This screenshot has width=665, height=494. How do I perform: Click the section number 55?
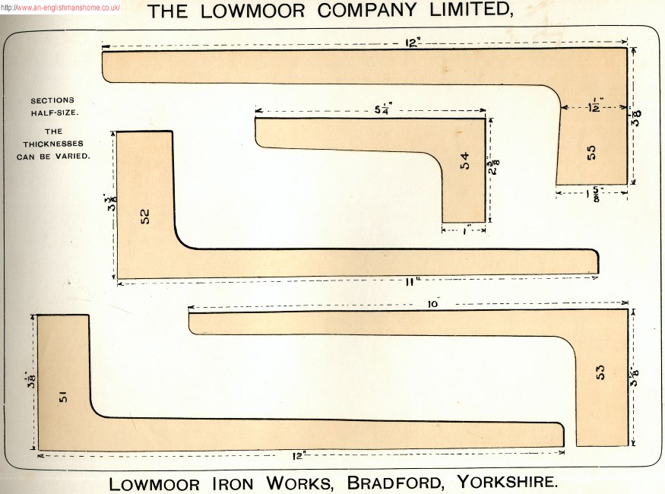coord(591,152)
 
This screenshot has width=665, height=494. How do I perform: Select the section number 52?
coord(145,217)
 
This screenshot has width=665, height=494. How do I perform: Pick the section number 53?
coord(600,372)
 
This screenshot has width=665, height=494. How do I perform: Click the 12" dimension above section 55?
coord(413,43)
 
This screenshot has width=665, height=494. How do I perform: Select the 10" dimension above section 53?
coord(434,304)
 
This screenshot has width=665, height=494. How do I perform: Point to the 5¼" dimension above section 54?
coord(382,109)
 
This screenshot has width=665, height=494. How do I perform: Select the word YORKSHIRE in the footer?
coord(508,482)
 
